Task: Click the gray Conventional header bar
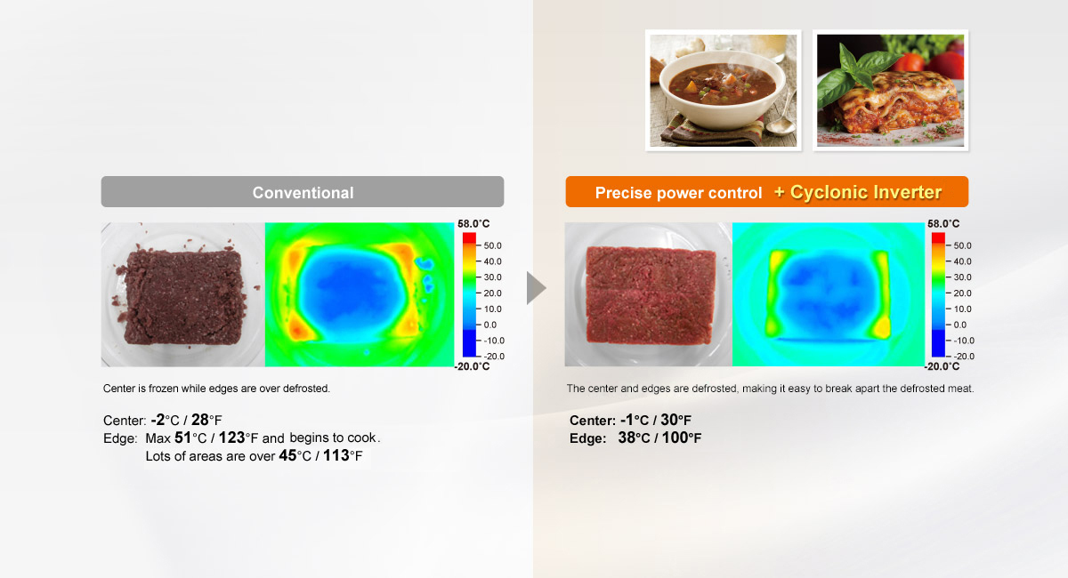point(303,191)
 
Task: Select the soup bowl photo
point(724,91)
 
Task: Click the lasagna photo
point(890,91)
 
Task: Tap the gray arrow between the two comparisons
point(537,288)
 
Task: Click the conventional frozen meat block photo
point(182,294)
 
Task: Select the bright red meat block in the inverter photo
point(651,295)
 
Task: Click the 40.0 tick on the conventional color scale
point(492,261)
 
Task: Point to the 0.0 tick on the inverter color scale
point(959,325)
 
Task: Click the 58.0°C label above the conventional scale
point(473,223)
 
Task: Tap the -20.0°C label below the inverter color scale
point(942,366)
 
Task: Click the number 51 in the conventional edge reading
point(182,438)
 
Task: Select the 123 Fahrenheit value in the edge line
point(231,438)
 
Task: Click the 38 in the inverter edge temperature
point(627,438)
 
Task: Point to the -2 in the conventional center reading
point(158,420)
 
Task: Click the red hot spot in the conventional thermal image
point(297,330)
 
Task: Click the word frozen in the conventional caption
point(164,389)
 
